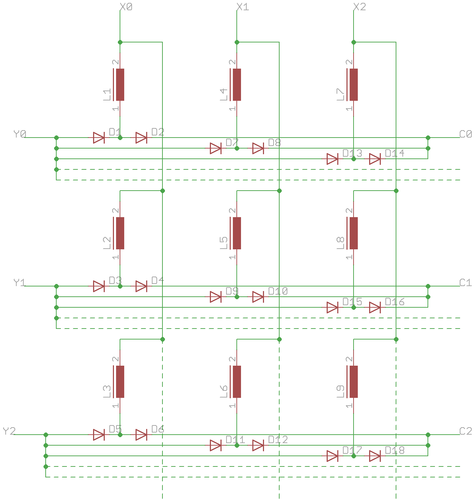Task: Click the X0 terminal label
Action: click(126, 7)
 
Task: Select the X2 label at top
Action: click(360, 7)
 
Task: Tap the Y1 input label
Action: click(20, 283)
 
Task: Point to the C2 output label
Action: click(465, 431)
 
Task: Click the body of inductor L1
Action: click(120, 85)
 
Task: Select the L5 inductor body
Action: click(237, 233)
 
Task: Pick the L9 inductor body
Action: click(354, 382)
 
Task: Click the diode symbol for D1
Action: click(99, 138)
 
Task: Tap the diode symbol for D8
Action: click(258, 148)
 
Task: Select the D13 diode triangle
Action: click(332, 159)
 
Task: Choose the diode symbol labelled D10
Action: click(258, 297)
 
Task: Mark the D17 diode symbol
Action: click(332, 456)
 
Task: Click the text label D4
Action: click(157, 281)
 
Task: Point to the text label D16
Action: click(395, 302)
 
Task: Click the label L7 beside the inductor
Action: click(340, 94)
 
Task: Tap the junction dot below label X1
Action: click(237, 42)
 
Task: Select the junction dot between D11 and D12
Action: click(237, 445)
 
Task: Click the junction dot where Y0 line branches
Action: click(56, 138)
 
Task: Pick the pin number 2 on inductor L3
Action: click(115, 359)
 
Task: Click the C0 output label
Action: click(465, 134)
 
